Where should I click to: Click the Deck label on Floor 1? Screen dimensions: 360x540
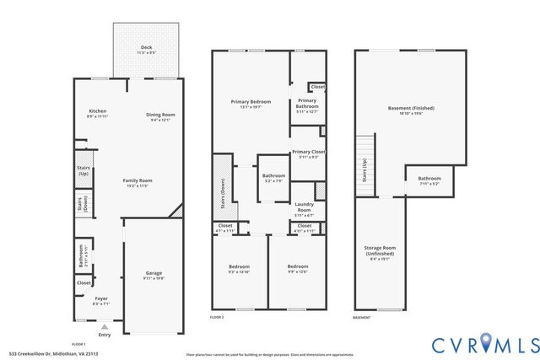pos(146,50)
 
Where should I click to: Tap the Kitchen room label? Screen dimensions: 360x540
pos(98,113)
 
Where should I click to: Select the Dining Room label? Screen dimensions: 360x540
pos(160,115)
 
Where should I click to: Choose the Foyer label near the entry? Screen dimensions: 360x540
pos(100,298)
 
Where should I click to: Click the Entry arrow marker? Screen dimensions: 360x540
pos(105,327)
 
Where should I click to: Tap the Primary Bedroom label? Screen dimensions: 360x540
pos(251,102)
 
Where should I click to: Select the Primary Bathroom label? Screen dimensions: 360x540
pos(306,105)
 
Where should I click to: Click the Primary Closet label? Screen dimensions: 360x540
pos(308,153)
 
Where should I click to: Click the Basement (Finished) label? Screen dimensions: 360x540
pos(410,109)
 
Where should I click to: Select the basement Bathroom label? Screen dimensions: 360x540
pos(429,179)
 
